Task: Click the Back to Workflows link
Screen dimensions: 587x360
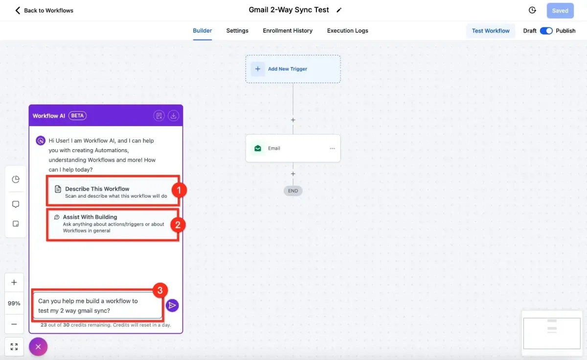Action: click(44, 10)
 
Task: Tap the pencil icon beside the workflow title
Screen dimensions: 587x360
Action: click(339, 10)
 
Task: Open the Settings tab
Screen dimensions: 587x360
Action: click(237, 31)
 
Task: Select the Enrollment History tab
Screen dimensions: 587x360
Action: click(288, 31)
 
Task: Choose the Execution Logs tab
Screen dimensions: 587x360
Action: click(347, 31)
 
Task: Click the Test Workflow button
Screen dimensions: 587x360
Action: click(491, 31)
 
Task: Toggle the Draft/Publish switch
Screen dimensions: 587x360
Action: click(546, 31)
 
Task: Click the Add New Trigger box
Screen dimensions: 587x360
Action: click(293, 69)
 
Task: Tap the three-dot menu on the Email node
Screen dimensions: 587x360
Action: click(332, 149)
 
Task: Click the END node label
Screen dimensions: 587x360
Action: click(293, 191)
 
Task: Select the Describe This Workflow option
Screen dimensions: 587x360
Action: click(113, 192)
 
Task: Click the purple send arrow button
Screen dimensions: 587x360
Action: click(172, 305)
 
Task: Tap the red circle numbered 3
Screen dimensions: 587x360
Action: click(160, 291)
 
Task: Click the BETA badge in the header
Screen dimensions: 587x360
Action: click(77, 116)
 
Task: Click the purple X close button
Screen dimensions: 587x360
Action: click(38, 347)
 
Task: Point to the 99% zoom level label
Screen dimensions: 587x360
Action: click(14, 303)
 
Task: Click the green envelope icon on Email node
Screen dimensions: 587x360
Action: click(258, 148)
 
